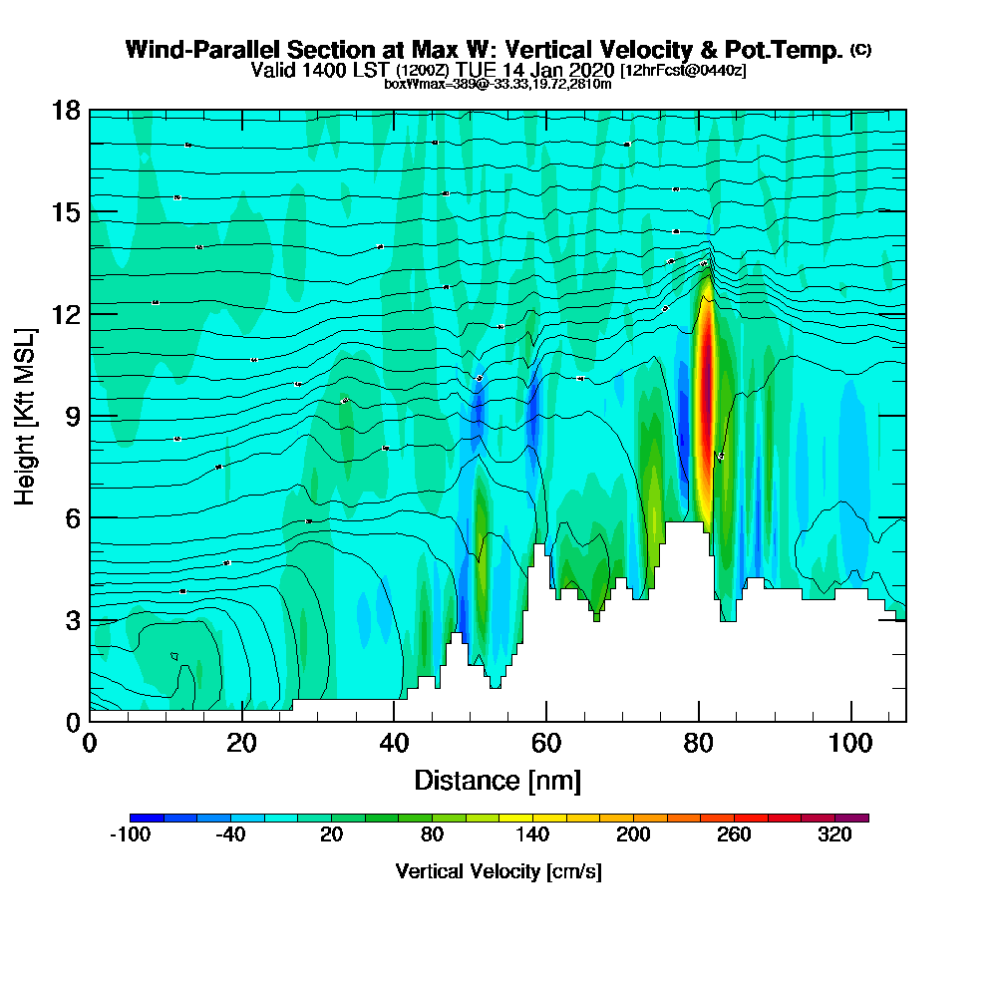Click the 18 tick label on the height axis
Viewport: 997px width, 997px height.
65,111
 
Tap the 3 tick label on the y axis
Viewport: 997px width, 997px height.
71,620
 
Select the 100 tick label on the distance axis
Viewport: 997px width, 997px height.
850,745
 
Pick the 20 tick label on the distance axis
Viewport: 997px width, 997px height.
241,745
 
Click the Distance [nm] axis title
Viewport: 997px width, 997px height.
498,780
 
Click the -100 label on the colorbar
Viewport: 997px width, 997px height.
129,835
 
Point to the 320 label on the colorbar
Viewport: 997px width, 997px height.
834,835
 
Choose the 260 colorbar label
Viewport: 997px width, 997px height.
734,835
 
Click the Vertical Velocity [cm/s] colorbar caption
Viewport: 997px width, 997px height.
498,871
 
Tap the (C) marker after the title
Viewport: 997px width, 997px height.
860,50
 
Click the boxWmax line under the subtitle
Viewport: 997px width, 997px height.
498,84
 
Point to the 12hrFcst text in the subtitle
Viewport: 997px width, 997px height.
655,71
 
